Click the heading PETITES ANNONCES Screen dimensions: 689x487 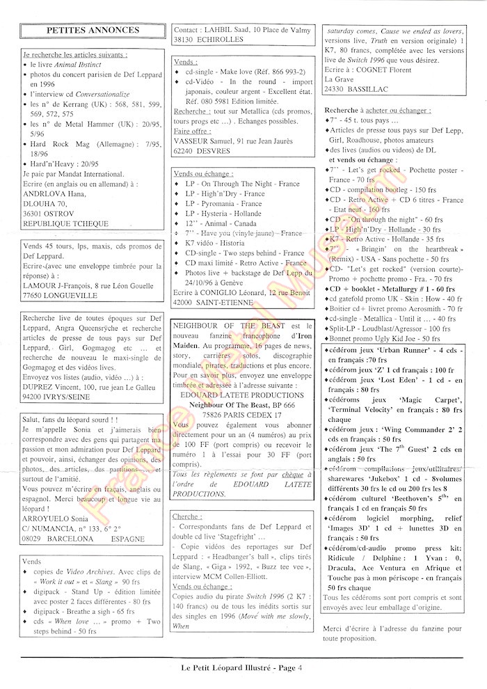click(92, 31)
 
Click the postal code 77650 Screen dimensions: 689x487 click(36, 294)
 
